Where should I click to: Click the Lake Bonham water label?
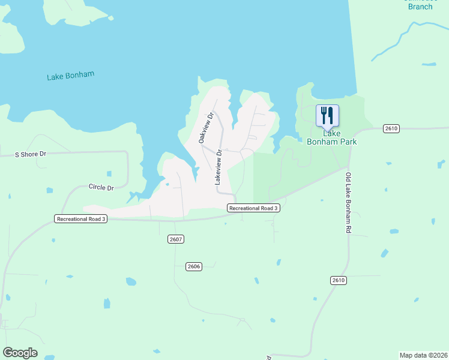pos(70,76)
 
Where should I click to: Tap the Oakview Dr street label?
pos(205,127)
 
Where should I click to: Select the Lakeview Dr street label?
pos(218,167)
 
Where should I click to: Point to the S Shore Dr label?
pos(31,154)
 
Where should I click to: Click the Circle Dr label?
pos(101,187)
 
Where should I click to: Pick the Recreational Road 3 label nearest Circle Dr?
pos(81,219)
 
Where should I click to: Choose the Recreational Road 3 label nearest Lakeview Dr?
pos(253,208)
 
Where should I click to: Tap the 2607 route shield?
pos(175,239)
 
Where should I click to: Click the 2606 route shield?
pos(193,266)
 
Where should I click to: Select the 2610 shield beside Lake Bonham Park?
pos(391,128)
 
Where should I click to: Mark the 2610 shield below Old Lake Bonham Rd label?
pos(339,280)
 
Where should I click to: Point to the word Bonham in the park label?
pos(323,142)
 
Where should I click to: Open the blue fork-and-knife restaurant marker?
pos(327,115)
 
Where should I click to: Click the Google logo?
pos(20,353)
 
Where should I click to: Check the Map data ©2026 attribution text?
pos(423,355)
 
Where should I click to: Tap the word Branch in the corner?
pos(420,7)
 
